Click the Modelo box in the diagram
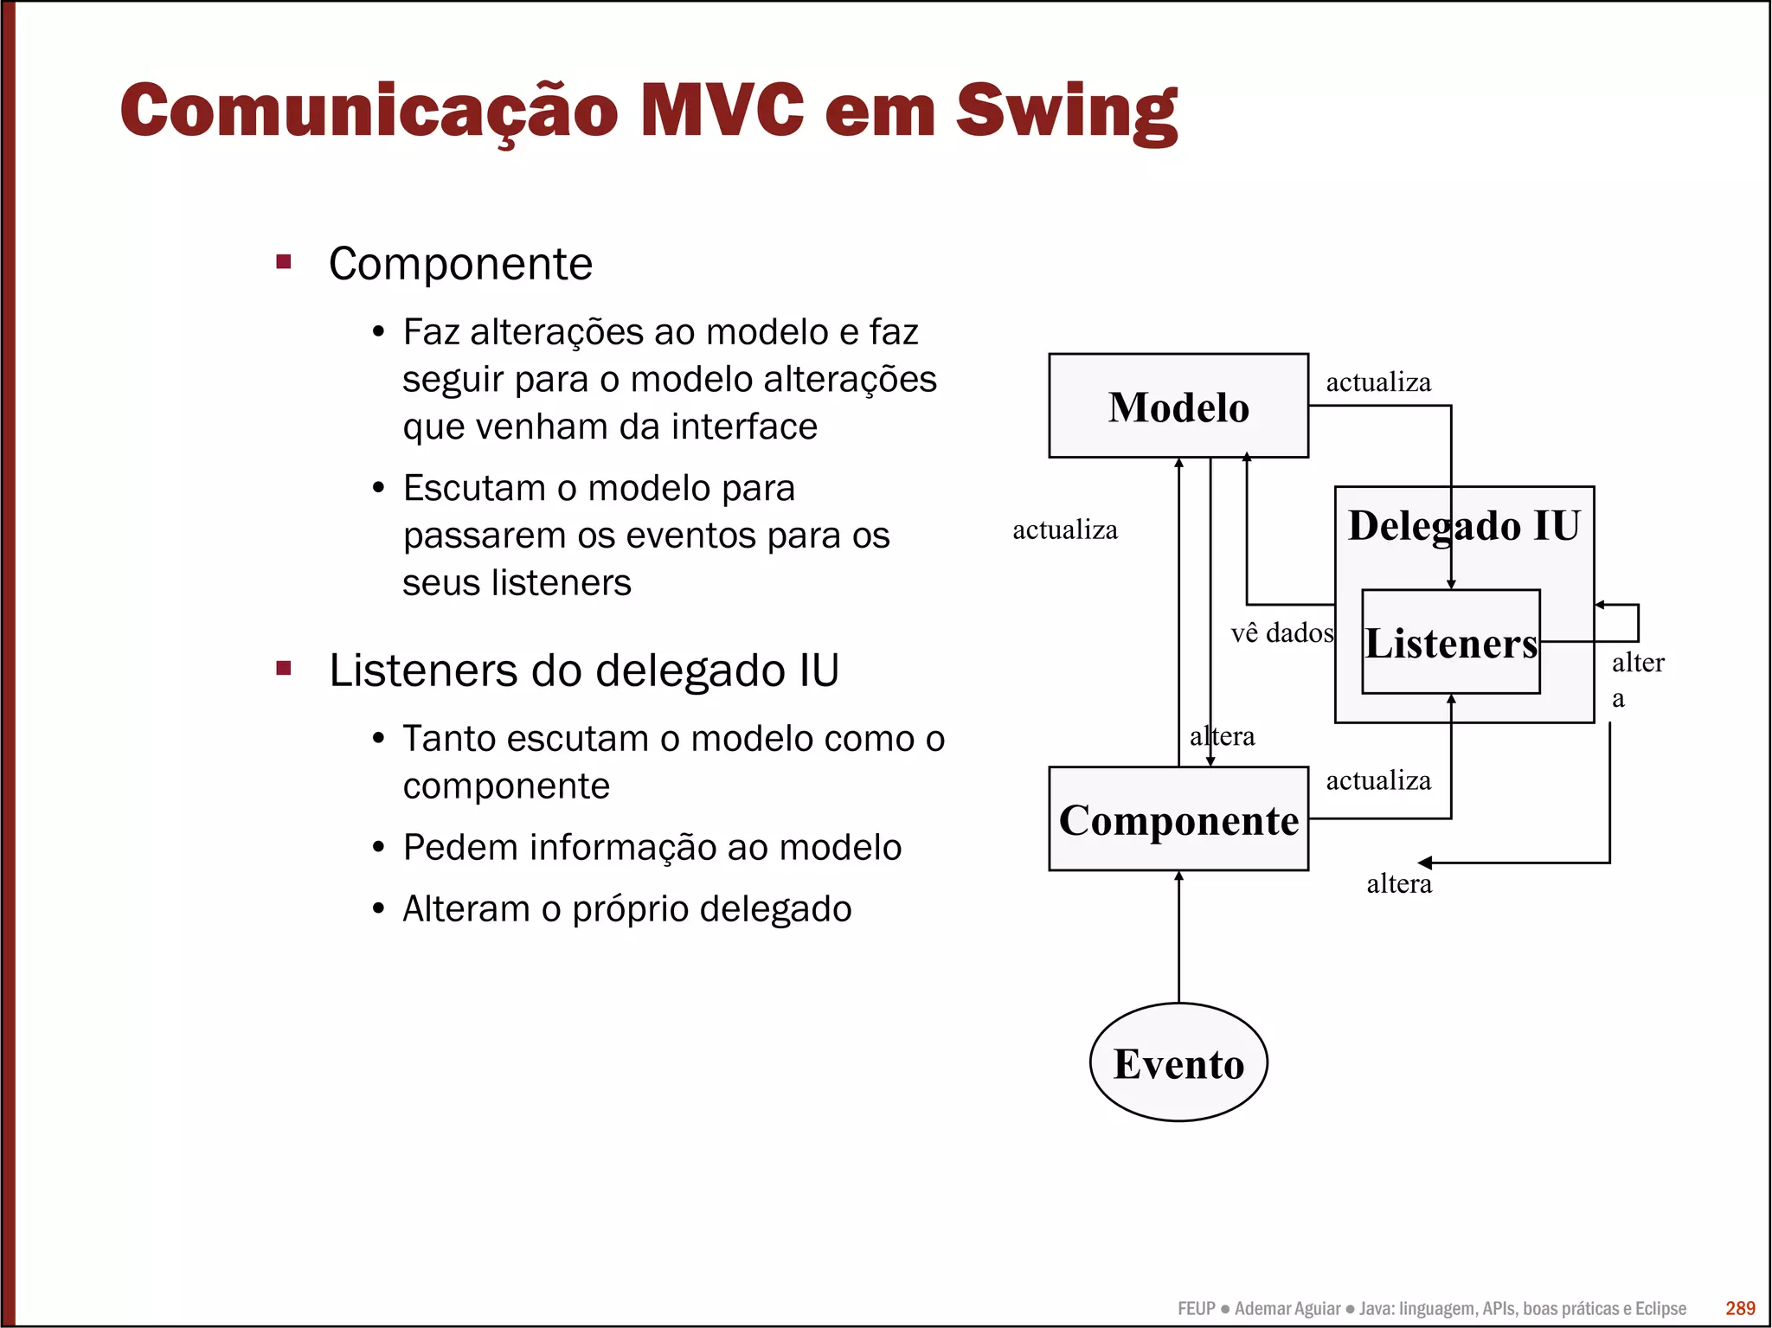pos(1178,406)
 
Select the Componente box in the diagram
pos(1178,819)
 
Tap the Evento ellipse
pos(1178,1063)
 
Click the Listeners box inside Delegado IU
pos(1451,643)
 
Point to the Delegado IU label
pos(1464,526)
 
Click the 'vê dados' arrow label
pos(1281,632)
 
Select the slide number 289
pos(1740,1308)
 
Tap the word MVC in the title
pos(722,110)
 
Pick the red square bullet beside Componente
pos(284,261)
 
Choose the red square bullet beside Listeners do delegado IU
pos(284,668)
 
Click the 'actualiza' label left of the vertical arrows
pos(1065,529)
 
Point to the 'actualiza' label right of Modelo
pos(1378,382)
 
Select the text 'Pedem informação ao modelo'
pos(652,847)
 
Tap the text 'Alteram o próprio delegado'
pos(627,909)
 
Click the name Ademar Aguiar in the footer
pos(1287,1308)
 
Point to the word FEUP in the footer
pos(1196,1308)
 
